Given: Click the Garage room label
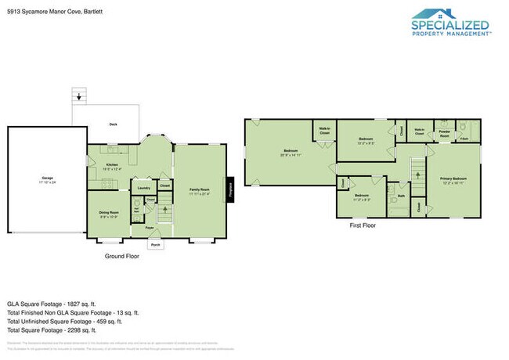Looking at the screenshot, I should [x=48, y=179].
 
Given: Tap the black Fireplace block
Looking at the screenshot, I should [x=231, y=189].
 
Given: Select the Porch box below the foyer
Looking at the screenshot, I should [x=156, y=244].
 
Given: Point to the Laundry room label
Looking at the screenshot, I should [x=144, y=188].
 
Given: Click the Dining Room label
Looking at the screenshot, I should [x=109, y=213].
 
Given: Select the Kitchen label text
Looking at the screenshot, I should [x=111, y=165].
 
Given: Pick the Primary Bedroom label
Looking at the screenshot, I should [x=454, y=178].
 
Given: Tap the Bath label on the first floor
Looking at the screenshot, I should [x=401, y=196].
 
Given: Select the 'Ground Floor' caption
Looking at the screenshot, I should [x=121, y=255].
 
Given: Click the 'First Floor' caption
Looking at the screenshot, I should [x=363, y=225].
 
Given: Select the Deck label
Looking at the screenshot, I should [x=113, y=124].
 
